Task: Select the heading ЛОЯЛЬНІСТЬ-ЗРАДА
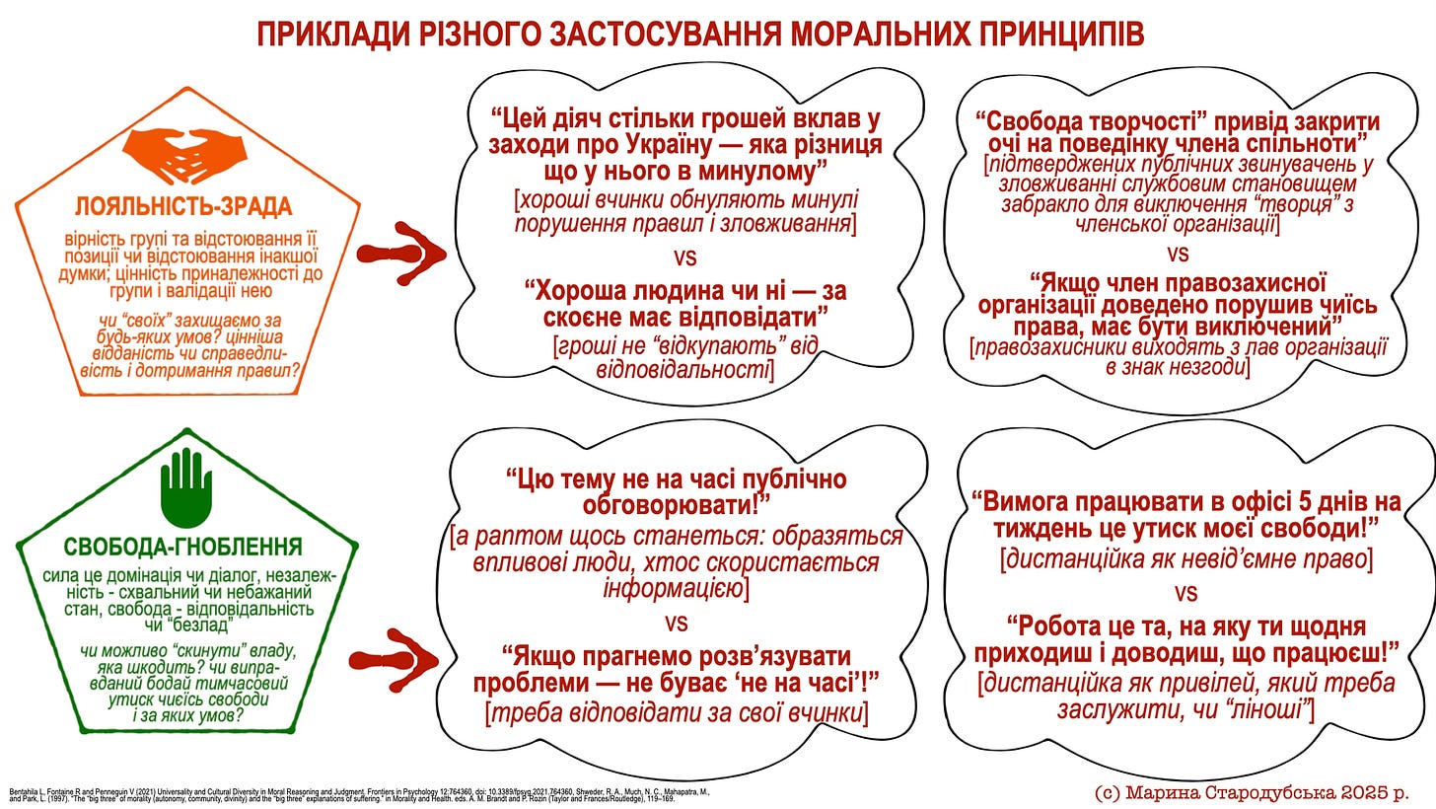(183, 207)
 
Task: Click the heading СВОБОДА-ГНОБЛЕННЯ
(182, 547)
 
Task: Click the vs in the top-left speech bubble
(684, 257)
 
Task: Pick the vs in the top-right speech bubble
(1178, 253)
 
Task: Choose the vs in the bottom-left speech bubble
(676, 624)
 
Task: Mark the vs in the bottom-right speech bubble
(1185, 593)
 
